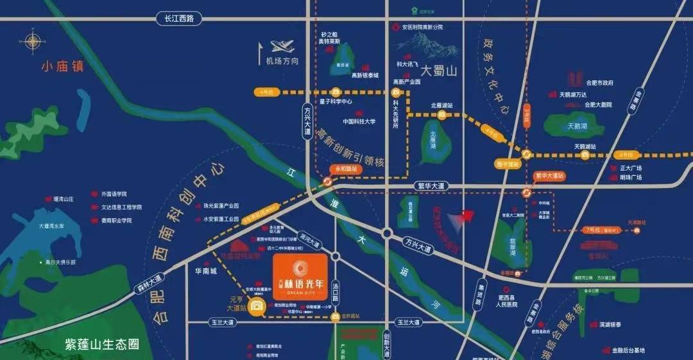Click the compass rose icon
click(x=33, y=42)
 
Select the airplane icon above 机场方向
click(x=282, y=47)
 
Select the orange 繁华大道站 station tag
click(x=549, y=175)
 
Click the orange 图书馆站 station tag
click(x=506, y=163)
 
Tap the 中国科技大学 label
click(x=359, y=121)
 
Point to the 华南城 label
click(x=206, y=271)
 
